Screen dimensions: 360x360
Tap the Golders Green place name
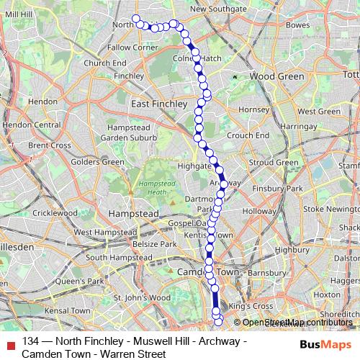click(102, 162)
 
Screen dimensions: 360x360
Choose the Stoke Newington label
click(333, 210)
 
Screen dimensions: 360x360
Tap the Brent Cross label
click(50, 145)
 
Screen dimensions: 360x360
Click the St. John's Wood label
click(142, 297)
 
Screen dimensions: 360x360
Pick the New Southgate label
click(218, 8)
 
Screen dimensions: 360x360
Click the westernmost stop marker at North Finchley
click(135, 19)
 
